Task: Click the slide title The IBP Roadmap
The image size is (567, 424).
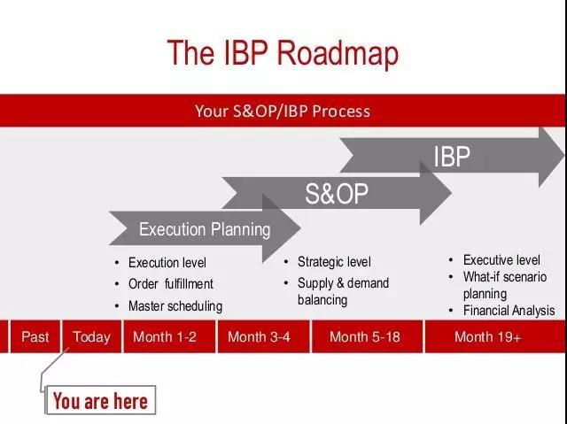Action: click(283, 53)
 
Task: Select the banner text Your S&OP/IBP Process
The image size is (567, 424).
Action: click(283, 111)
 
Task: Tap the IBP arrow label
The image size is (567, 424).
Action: click(452, 157)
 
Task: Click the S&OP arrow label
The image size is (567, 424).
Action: click(337, 194)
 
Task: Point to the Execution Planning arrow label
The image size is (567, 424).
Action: click(205, 229)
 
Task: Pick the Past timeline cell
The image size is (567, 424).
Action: click(35, 336)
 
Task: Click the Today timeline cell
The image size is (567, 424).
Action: click(92, 336)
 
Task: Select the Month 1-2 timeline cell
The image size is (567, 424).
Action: click(165, 336)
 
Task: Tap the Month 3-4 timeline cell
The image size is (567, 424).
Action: click(259, 336)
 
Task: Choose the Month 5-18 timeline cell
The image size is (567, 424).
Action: click(365, 336)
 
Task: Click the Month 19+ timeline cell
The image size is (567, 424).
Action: click(488, 336)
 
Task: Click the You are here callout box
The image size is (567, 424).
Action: click(100, 401)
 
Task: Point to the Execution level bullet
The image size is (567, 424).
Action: click(167, 263)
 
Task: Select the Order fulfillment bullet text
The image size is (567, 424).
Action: click(171, 284)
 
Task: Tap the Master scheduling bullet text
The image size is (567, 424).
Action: click(175, 306)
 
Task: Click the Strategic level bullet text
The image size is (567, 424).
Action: click(334, 262)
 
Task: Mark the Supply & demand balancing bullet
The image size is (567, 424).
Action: click(343, 291)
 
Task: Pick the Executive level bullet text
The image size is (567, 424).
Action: click(501, 260)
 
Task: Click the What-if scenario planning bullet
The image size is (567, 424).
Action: click(505, 285)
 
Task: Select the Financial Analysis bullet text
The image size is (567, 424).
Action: click(509, 311)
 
